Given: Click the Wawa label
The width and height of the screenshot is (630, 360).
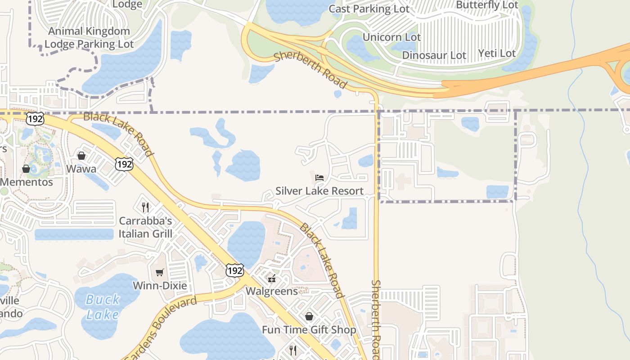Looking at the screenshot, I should click(81, 169).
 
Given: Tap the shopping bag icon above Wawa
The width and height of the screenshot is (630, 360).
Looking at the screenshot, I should click(81, 156).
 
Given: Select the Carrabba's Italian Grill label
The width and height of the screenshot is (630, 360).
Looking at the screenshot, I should click(145, 227).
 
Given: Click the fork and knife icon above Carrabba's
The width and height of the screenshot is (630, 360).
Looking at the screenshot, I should click(145, 207).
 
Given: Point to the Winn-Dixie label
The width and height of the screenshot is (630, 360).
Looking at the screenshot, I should click(159, 286).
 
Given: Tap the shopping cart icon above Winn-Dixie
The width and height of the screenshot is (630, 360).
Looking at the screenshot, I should click(159, 272).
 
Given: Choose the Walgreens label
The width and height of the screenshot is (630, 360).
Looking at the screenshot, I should click(272, 291).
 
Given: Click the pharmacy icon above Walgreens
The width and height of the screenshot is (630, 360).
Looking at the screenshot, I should click(271, 279).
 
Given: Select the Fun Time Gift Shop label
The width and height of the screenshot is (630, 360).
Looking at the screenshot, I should click(309, 330).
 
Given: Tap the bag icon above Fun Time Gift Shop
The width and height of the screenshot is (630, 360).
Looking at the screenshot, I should click(309, 316).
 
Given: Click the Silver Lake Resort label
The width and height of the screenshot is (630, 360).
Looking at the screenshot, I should click(319, 191).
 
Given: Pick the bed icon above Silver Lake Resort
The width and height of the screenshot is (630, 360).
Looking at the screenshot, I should click(319, 177).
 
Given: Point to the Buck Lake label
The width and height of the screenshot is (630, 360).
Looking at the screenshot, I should click(103, 306).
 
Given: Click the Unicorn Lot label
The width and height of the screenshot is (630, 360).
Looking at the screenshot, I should click(391, 37).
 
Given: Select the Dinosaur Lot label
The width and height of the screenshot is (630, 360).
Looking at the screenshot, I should click(434, 55).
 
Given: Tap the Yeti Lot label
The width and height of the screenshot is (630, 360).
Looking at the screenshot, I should click(497, 54).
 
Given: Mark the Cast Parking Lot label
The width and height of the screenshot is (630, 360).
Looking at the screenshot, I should click(369, 9).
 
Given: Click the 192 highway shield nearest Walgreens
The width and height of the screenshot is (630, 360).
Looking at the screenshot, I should click(235, 270).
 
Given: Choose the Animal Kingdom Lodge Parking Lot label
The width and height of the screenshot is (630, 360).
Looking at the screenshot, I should click(89, 38).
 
